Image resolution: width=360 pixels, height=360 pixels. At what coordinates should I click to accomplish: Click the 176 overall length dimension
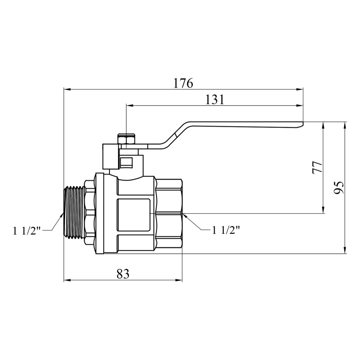[183, 83]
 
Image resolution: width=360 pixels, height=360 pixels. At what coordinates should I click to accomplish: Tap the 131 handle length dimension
[214, 99]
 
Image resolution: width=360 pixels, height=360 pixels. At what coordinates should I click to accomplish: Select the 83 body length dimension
[123, 274]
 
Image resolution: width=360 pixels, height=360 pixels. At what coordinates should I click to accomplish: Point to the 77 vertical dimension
[317, 167]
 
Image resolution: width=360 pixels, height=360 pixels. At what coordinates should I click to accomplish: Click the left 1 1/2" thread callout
[27, 231]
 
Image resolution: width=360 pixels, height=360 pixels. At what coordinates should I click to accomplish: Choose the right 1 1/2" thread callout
[226, 230]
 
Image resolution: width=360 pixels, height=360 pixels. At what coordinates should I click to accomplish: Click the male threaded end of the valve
[74, 212]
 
